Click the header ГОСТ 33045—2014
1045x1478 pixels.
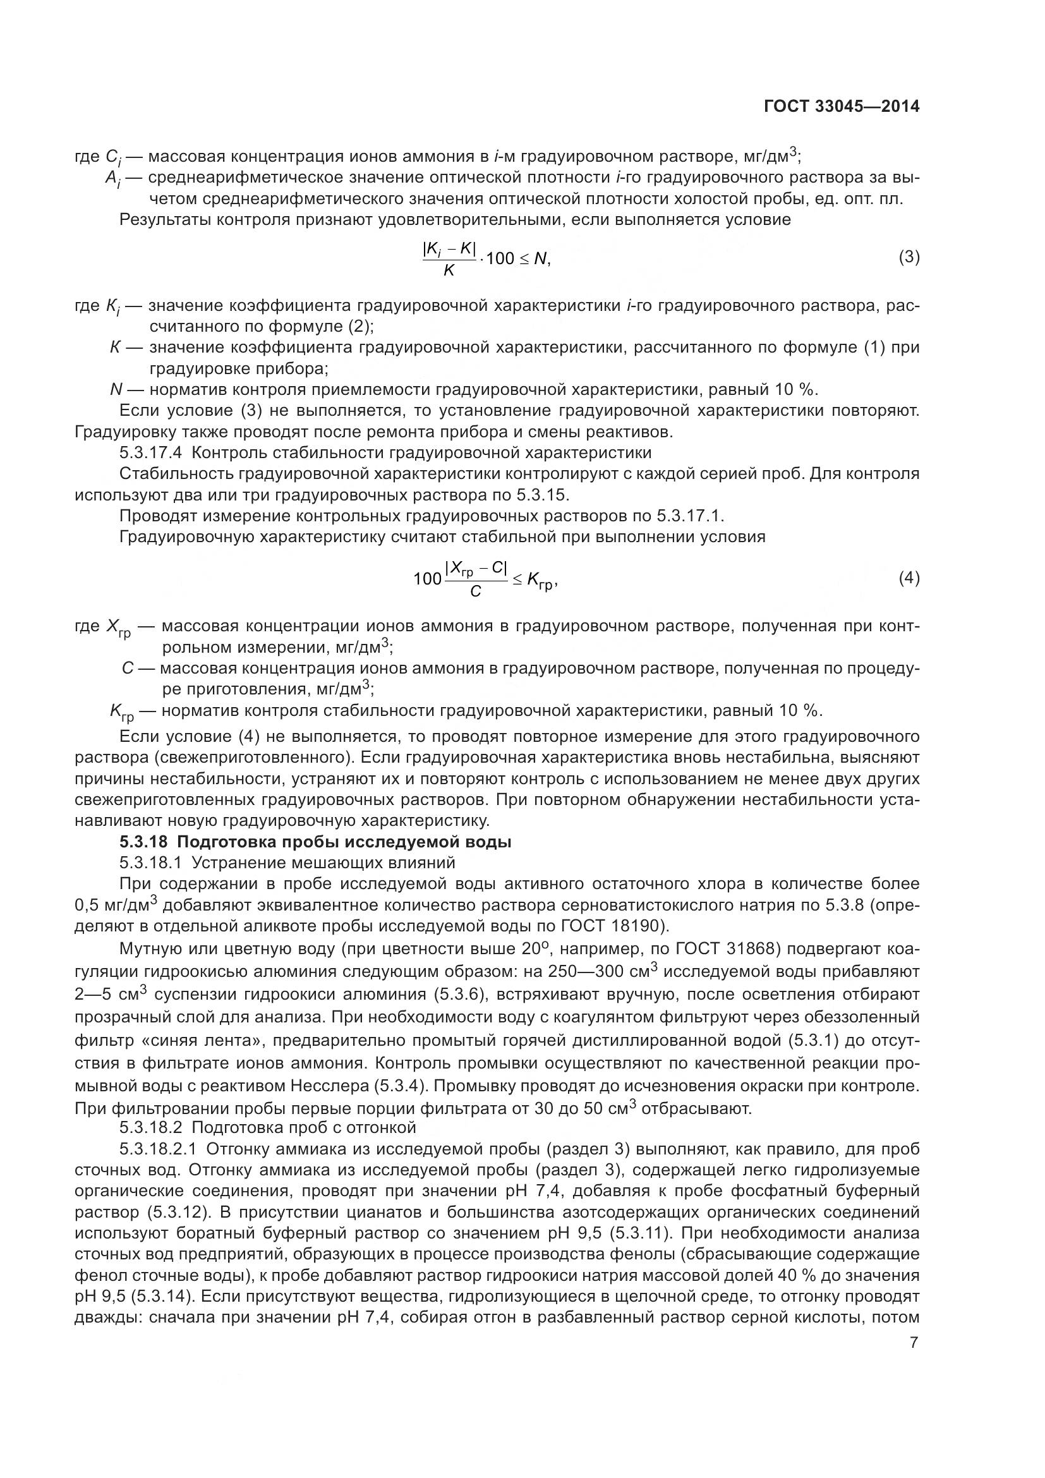(x=842, y=107)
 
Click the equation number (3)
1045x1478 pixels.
(x=909, y=257)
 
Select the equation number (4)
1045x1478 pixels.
(x=909, y=578)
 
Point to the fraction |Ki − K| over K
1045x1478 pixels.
(x=449, y=258)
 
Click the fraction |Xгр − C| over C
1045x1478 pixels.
(x=476, y=579)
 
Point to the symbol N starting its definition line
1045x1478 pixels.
(x=116, y=389)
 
